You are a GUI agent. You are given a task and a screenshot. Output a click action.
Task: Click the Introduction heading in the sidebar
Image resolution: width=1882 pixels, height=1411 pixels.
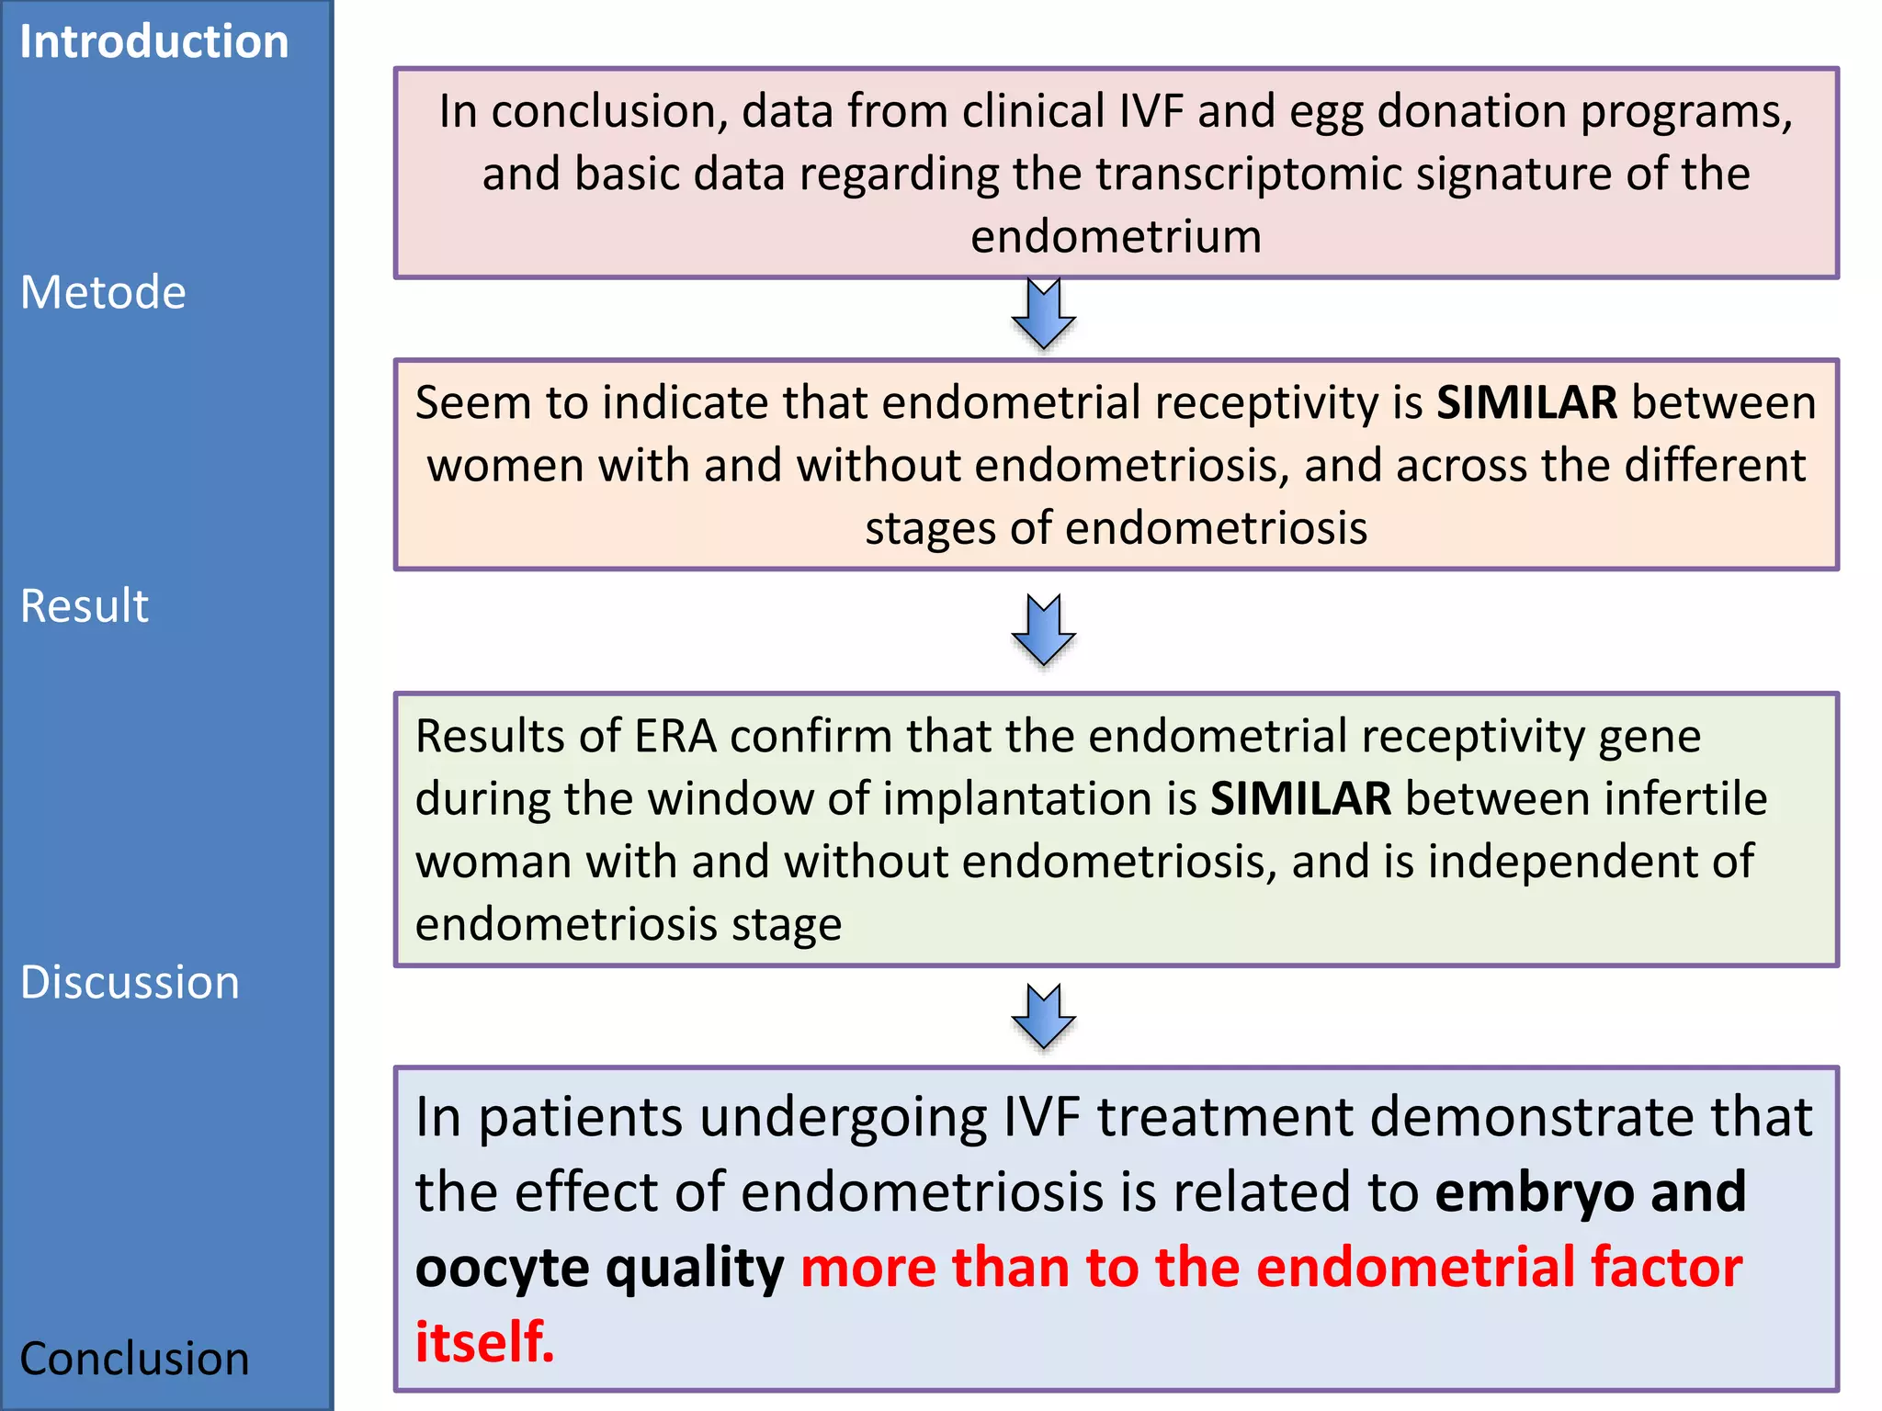pyautogui.click(x=153, y=42)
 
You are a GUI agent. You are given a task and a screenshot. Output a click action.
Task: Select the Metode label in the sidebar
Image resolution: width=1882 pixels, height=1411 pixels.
pyautogui.click(x=103, y=293)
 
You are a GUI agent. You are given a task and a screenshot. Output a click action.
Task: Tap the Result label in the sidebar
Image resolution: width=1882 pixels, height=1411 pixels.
pyautogui.click(x=85, y=606)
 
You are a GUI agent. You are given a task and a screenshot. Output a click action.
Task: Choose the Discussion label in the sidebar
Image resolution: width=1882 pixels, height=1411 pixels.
pyautogui.click(x=130, y=983)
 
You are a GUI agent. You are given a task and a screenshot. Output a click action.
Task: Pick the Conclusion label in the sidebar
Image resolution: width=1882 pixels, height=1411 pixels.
pyautogui.click(x=134, y=1360)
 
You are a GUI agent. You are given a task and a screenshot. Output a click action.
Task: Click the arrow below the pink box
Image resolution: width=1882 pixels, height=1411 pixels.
pyautogui.click(x=1043, y=314)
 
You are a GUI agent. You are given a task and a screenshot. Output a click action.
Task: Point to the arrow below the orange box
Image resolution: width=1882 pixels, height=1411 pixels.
pyautogui.click(x=1043, y=630)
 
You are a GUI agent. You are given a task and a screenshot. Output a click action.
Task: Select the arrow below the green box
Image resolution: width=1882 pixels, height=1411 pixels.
pyautogui.click(x=1043, y=1017)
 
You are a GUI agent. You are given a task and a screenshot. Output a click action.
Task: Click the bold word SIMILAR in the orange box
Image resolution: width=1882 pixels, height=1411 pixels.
pyautogui.click(x=1526, y=403)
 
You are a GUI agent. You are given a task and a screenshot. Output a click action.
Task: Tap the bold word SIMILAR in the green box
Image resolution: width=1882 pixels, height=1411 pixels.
pyautogui.click(x=1300, y=799)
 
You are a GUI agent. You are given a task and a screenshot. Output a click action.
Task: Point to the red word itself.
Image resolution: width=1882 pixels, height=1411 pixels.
pyautogui.click(x=484, y=1342)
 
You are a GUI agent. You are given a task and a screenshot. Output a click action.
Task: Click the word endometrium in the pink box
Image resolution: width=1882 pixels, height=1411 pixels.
pyautogui.click(x=1116, y=237)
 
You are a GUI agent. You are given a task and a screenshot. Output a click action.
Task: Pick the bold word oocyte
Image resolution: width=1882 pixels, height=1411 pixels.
pyautogui.click(x=503, y=1268)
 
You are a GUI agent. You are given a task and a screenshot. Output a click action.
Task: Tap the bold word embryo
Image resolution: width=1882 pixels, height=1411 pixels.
pyautogui.click(x=1534, y=1192)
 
